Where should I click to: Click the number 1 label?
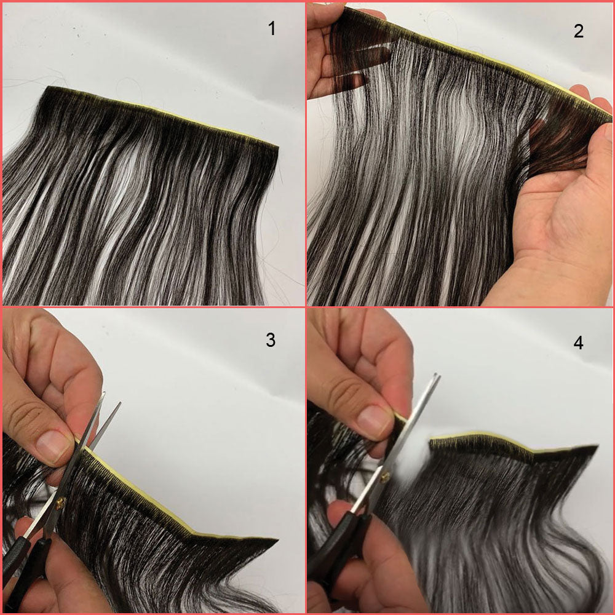click(x=271, y=29)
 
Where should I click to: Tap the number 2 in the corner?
click(x=578, y=31)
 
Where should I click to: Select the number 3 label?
click(x=271, y=340)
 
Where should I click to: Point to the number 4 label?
click(x=578, y=343)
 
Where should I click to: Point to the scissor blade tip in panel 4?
click(x=437, y=375)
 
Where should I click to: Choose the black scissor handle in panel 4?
click(x=335, y=553)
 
